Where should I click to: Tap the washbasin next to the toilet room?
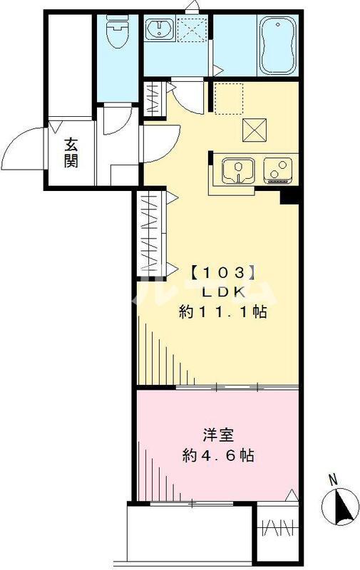pyautogui.click(x=158, y=31)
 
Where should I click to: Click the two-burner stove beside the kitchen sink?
pyautogui.click(x=277, y=170)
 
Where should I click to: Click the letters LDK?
pyautogui.click(x=222, y=291)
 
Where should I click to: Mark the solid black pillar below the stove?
pyautogui.click(x=289, y=195)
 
